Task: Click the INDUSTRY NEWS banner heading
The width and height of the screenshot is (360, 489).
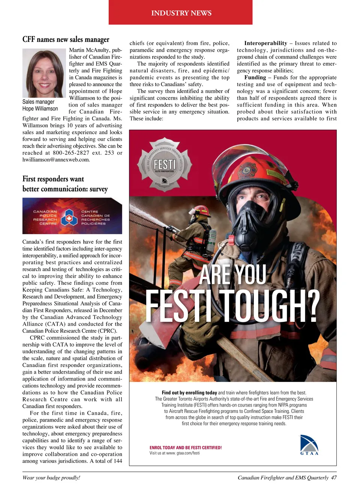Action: [x=181, y=13]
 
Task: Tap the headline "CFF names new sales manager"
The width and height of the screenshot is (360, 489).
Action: [x=66, y=39]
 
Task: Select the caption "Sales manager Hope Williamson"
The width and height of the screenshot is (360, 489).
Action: [x=40, y=105]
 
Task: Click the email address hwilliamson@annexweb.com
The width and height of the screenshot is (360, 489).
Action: [x=56, y=160]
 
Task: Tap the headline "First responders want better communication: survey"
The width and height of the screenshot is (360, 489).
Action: [x=65, y=184]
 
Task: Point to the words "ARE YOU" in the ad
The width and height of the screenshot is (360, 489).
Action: [x=232, y=274]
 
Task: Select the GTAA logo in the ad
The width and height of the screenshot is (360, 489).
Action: [x=309, y=445]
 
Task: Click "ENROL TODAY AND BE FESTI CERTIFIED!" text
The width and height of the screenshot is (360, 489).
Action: [x=186, y=447]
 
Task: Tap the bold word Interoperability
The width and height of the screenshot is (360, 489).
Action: [x=265, y=43]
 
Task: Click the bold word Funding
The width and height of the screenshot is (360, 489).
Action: [x=255, y=78]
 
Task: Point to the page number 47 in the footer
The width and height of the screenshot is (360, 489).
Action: [x=333, y=478]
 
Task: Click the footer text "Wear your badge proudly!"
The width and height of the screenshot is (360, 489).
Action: [x=51, y=478]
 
